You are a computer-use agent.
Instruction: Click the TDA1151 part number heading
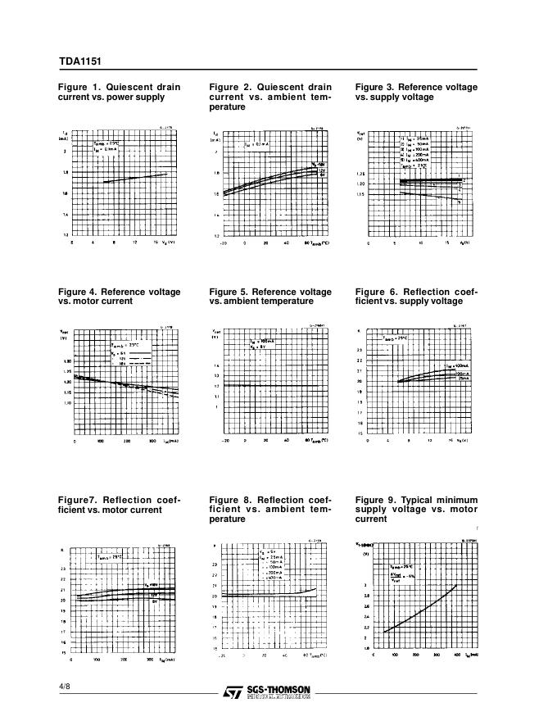point(79,61)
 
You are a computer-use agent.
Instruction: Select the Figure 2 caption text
point(270,97)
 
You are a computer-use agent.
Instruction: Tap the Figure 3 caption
point(416,92)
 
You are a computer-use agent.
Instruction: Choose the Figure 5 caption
point(270,296)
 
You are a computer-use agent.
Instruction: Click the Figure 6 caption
point(416,296)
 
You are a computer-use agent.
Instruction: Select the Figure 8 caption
point(270,510)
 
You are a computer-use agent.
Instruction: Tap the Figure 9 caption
point(416,510)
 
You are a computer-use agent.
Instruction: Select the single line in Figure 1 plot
point(135,178)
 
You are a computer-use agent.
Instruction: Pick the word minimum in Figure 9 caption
point(458,500)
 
